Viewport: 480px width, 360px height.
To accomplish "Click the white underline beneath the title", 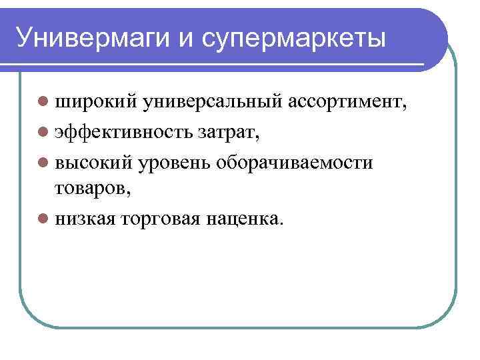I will [x=220, y=65].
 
